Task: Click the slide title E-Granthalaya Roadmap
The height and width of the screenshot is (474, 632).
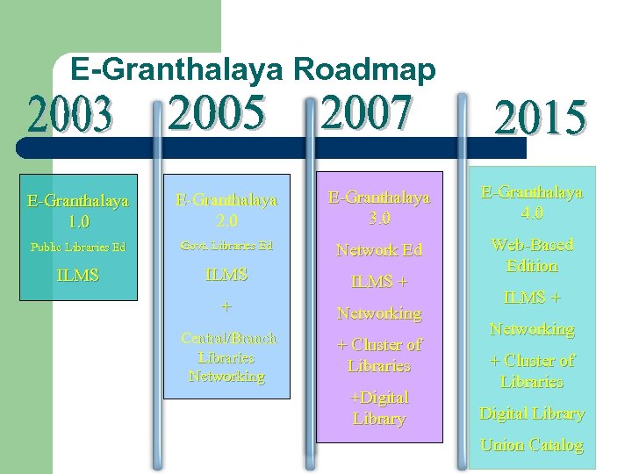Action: [253, 69]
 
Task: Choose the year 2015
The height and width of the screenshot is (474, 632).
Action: [540, 120]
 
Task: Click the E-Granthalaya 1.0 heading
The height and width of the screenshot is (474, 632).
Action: [77, 209]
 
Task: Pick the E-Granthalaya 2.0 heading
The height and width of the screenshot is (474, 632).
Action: [226, 209]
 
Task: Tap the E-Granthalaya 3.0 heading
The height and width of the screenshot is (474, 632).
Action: [379, 206]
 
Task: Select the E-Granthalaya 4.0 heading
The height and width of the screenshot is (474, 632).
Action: [532, 202]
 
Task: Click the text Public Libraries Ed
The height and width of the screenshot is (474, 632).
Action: [78, 247]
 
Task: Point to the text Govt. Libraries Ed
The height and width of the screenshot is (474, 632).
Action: [226, 245]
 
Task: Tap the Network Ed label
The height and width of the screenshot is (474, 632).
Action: [379, 250]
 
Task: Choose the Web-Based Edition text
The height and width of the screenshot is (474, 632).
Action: [532, 255]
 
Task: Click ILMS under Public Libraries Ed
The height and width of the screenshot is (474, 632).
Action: [77, 276]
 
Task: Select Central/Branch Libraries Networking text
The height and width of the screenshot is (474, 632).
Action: [227, 357]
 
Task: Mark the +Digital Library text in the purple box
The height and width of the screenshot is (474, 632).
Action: [379, 408]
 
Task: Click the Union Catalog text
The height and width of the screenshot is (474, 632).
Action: [532, 445]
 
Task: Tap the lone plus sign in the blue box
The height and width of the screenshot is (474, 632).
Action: [226, 306]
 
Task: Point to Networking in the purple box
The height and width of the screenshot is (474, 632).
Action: [379, 313]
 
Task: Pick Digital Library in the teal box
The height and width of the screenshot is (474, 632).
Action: [532, 413]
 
